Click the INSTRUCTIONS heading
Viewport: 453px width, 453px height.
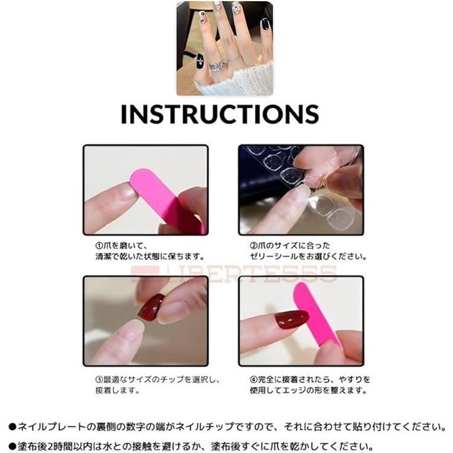click(x=220, y=114)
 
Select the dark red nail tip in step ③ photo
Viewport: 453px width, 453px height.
click(x=151, y=307)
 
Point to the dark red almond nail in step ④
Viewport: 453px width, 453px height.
click(x=291, y=319)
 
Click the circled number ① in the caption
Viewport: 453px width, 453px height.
click(x=99, y=246)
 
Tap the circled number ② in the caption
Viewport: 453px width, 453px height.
click(x=254, y=246)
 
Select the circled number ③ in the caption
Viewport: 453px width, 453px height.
click(x=99, y=379)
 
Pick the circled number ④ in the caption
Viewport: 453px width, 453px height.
click(x=254, y=379)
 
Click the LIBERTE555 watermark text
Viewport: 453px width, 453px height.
click(x=234, y=273)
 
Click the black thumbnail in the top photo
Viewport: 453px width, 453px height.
click(x=199, y=61)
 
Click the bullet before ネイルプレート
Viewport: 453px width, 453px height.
click(x=13, y=427)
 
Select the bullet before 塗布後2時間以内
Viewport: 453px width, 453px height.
click(x=13, y=446)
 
